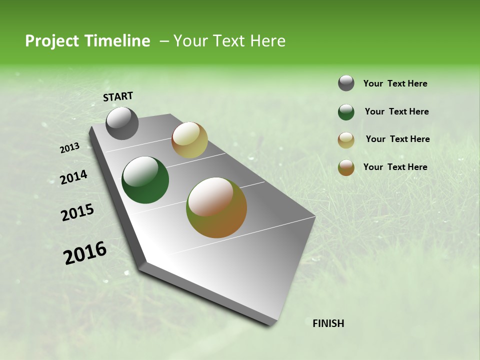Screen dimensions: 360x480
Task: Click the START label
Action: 118,96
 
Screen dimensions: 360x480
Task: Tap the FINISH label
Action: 328,323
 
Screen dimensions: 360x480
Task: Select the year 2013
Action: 69,148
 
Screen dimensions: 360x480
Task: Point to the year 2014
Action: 73,177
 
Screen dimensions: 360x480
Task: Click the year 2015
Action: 77,212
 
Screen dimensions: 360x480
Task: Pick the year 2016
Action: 85,253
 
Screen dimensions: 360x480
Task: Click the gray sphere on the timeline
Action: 122,123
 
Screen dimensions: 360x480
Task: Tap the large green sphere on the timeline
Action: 145,180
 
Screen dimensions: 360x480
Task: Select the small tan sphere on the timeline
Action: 189,140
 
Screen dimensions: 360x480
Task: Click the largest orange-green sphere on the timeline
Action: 216,207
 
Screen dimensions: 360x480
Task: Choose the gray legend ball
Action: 346,83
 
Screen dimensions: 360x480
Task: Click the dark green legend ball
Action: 346,112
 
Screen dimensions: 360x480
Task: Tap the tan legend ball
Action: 346,140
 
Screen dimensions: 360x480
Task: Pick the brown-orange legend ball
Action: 346,167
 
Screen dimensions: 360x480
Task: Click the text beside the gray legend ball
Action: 395,84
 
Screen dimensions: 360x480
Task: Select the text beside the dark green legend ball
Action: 396,111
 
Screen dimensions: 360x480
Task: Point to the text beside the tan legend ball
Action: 397,139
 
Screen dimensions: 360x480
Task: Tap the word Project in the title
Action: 51,41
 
